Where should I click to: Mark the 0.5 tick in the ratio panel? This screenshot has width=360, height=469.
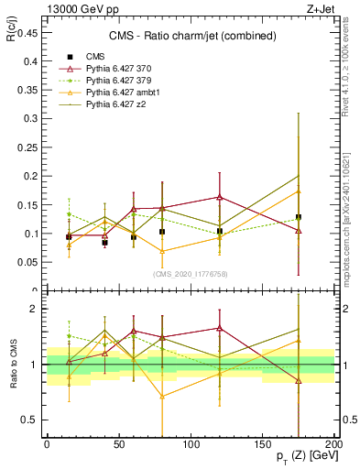point(30,420)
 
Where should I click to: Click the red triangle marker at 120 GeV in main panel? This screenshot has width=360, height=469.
point(220,197)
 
